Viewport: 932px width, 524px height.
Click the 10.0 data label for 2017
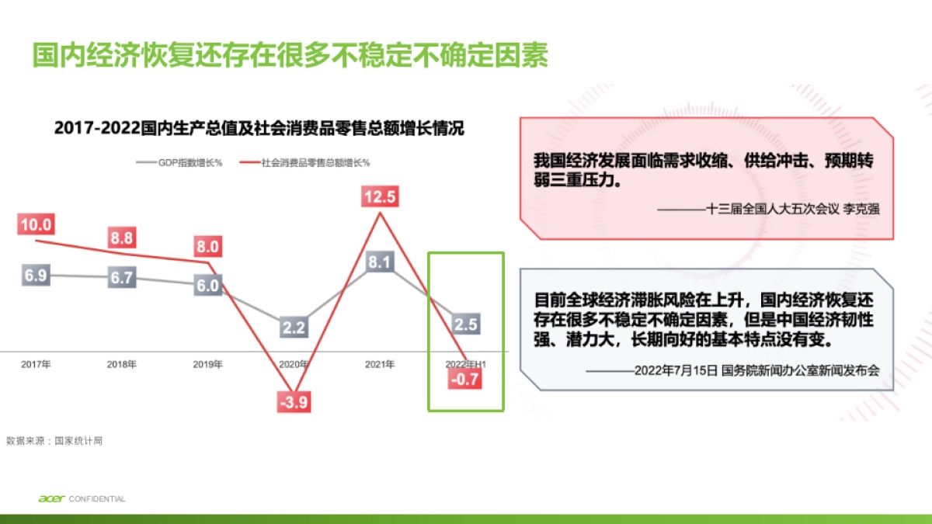coord(36,225)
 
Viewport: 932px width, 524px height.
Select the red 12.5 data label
coord(380,196)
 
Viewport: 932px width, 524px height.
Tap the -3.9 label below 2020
coord(294,401)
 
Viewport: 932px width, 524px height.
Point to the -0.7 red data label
coord(466,380)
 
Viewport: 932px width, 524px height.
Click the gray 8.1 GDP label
coord(379,262)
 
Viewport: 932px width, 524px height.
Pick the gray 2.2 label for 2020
coord(294,328)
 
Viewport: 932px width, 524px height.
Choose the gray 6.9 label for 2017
coord(36,276)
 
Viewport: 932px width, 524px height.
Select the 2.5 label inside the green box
coord(465,324)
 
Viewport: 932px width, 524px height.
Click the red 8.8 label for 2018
coord(121,238)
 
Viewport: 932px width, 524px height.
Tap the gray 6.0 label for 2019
coord(207,285)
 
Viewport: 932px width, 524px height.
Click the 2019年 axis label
coord(208,364)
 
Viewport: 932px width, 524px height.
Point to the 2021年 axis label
coord(380,364)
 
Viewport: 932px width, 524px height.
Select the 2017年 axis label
coord(36,364)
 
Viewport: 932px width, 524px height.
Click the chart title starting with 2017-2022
coord(259,128)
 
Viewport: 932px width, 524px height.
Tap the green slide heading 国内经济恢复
coord(290,56)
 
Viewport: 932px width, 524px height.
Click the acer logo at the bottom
coord(51,498)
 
